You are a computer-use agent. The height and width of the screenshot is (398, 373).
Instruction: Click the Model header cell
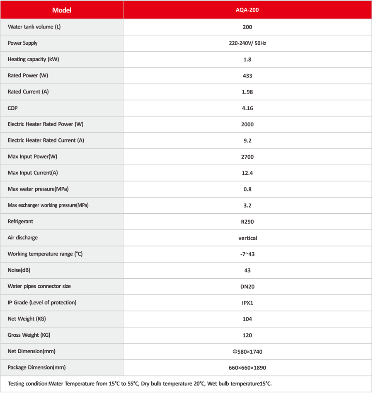point(62,10)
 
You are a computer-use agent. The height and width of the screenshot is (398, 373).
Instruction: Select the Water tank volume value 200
point(247,27)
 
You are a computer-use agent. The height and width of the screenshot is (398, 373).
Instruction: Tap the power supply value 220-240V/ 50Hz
point(247,43)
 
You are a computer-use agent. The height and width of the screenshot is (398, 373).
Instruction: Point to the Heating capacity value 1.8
point(247,59)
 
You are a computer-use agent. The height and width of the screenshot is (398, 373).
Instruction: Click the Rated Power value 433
point(247,76)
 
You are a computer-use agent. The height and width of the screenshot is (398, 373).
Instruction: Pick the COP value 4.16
point(247,108)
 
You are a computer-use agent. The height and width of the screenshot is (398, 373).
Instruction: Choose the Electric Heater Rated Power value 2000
point(247,124)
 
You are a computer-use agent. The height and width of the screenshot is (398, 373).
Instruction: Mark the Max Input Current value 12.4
point(247,173)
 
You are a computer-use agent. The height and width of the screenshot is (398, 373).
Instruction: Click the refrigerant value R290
point(247,222)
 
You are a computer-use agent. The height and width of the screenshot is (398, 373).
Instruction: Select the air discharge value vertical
point(248,238)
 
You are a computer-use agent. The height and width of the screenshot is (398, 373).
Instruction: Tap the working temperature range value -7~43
point(247,254)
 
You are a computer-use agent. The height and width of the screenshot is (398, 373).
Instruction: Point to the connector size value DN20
point(247,287)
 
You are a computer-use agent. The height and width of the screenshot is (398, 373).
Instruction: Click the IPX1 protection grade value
point(247,303)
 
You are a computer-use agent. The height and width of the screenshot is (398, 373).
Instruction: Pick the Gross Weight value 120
point(247,335)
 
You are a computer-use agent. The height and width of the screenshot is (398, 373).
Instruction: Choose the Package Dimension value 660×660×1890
point(247,368)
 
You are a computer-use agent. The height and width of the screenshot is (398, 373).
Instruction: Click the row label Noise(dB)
point(19,270)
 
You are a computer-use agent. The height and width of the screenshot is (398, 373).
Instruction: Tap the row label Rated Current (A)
point(28,92)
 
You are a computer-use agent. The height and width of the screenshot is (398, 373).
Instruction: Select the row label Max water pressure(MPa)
point(38,189)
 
